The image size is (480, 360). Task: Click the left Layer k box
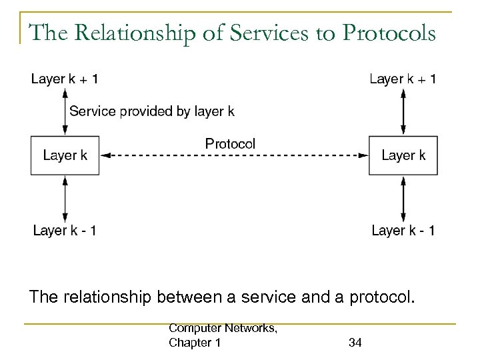[65, 155]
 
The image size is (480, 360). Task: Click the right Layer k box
[403, 155]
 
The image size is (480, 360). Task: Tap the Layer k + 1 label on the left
[65, 79]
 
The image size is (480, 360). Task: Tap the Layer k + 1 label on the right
[403, 79]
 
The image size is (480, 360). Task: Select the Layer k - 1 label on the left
[65, 231]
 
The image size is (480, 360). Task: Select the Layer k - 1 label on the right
[403, 231]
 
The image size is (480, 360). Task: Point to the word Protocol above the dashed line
[230, 143]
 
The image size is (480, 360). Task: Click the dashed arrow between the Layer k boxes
[233, 156]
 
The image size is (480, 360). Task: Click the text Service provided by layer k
[152, 112]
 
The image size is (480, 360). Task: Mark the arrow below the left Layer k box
[65, 198]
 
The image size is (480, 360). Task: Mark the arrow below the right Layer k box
[403, 198]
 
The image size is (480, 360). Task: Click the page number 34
[355, 343]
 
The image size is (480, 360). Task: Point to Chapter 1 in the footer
[195, 343]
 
